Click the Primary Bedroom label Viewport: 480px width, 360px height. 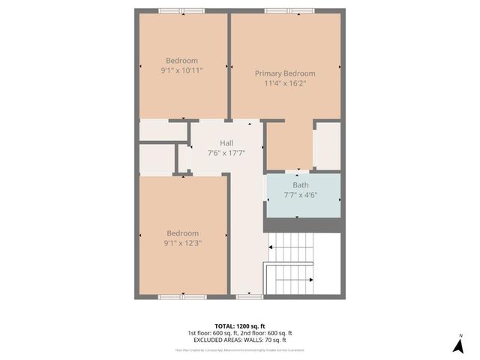click(x=285, y=73)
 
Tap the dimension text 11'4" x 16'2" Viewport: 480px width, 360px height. click(x=285, y=83)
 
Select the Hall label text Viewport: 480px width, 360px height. click(x=226, y=143)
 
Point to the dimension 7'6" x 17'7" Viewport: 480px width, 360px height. click(x=226, y=153)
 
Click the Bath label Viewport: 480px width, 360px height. click(x=300, y=185)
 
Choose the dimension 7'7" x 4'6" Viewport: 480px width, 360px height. click(x=300, y=195)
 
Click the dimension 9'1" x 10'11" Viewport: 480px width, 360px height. click(x=181, y=70)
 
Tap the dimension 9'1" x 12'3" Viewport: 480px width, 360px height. click(x=181, y=242)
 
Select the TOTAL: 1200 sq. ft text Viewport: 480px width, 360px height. click(x=239, y=326)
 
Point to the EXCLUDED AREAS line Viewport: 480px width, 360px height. click(x=239, y=340)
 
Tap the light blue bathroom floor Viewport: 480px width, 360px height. click(x=304, y=206)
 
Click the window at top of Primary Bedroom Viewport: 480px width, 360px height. click(x=289, y=10)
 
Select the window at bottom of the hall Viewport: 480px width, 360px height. click(x=245, y=297)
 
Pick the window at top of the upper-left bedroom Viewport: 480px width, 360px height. click(x=181, y=10)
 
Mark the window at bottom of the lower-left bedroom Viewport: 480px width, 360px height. click(x=182, y=297)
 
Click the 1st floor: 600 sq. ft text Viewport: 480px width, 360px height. click(x=212, y=333)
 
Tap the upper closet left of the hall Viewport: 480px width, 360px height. click(x=162, y=130)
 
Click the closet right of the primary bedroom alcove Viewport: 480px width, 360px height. click(x=327, y=145)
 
